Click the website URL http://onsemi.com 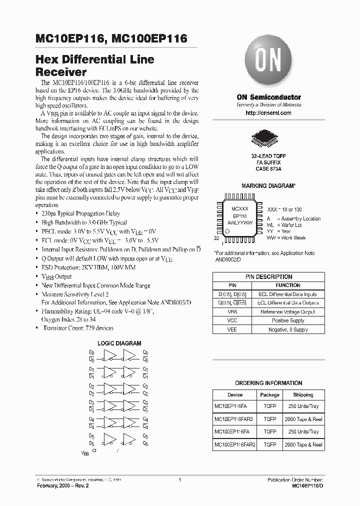point(268,113)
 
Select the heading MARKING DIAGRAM point(268,185)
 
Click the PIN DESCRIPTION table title point(268,276)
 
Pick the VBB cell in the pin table point(231,311)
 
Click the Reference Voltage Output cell point(287,311)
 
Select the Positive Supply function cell point(287,320)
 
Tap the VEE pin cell point(231,329)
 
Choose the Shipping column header point(303,394)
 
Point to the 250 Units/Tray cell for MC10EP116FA point(303,406)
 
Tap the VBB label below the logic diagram point(85,453)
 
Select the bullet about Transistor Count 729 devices point(77,328)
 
